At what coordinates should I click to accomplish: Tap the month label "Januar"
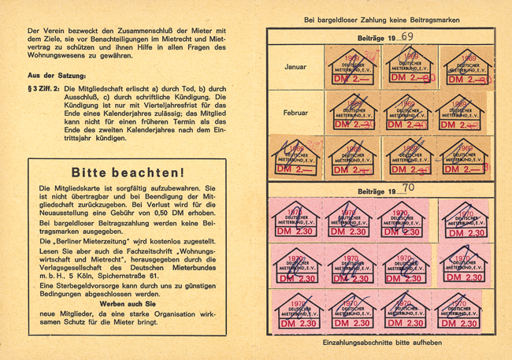pos(296,67)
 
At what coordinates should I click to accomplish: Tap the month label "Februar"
pos(296,113)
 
